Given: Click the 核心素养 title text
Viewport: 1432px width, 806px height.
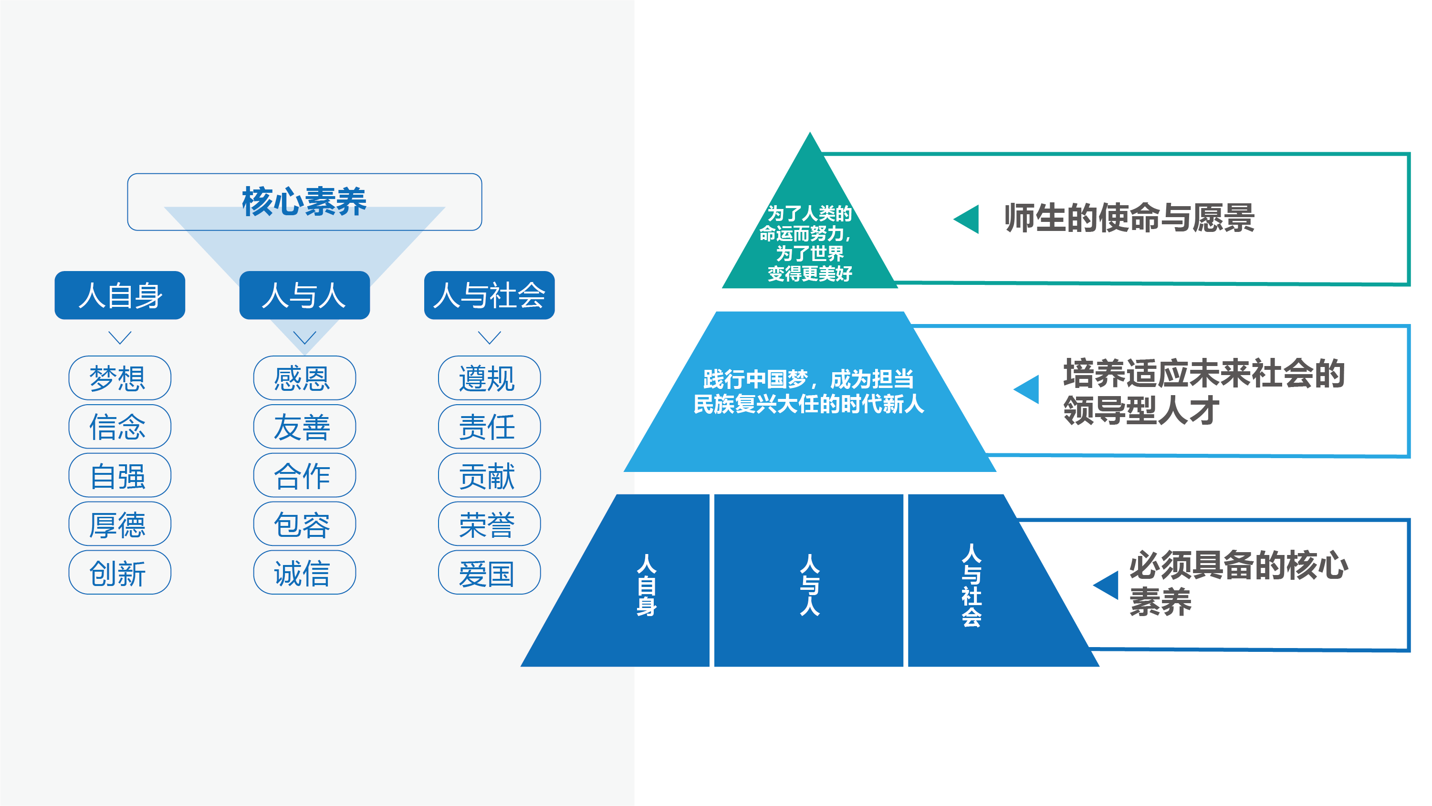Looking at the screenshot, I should pos(304,201).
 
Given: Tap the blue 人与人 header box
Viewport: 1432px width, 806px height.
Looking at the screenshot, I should pos(304,295).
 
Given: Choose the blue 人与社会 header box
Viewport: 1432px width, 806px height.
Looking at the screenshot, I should pos(489,295).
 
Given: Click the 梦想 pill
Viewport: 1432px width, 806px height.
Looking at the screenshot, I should pos(119,378).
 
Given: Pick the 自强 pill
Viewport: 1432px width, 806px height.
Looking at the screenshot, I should pos(119,476).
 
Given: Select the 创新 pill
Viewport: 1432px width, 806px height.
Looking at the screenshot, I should pos(119,573).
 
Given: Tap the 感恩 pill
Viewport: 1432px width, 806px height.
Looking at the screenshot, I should pos(304,378).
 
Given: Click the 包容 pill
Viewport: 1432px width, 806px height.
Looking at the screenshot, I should pos(304,524).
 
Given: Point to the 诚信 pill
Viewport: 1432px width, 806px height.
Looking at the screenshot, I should pos(304,573).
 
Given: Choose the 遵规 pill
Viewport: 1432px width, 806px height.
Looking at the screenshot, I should pos(489,378).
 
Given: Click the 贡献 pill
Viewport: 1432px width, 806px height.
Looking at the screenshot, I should pos(489,476).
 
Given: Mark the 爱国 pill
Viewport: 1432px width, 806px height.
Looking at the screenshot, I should pos(489,573).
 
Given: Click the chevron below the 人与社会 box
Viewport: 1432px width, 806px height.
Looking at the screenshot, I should pos(489,337).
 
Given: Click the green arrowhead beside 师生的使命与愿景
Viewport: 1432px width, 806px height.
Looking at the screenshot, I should pos(967,219).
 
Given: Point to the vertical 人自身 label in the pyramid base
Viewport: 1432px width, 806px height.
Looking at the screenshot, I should pos(646,585).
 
